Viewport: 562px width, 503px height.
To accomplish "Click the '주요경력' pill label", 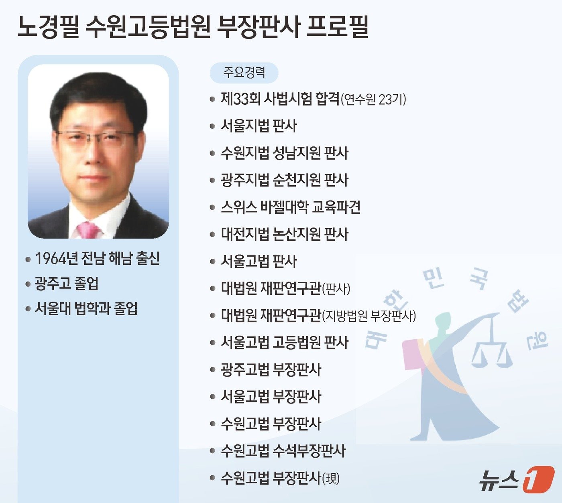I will click(244, 72).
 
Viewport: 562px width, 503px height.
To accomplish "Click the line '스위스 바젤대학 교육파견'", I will click(290, 207).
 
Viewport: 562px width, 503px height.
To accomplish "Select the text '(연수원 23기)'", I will click(373, 99).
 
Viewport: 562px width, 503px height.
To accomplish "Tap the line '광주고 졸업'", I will click(67, 284).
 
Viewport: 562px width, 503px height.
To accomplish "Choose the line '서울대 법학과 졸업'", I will click(86, 308).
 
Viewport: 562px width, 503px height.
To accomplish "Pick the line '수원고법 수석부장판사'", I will click(283, 451).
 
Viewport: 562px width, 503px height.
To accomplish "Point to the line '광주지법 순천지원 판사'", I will click(284, 180).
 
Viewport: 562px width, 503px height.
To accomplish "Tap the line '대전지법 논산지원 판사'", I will click(284, 234).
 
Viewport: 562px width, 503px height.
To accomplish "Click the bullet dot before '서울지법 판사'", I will click(212, 126).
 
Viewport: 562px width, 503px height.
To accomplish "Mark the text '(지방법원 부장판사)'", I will click(369, 316).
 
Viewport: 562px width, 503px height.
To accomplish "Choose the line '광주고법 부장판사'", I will click(271, 369).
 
